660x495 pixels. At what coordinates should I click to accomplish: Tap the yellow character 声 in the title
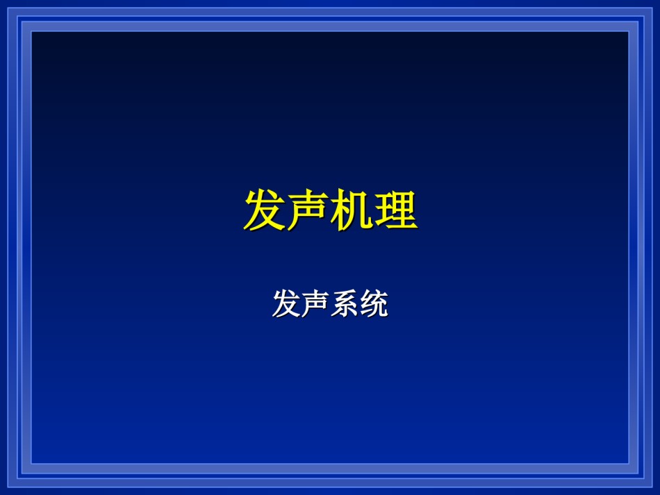[308, 210]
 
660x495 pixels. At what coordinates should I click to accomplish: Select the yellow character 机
[352, 210]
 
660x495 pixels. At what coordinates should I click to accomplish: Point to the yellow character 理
[396, 210]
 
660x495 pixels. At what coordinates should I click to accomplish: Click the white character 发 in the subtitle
[287, 303]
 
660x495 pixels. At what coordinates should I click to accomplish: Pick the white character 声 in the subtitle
[315, 303]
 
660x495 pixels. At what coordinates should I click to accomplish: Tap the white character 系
[345, 303]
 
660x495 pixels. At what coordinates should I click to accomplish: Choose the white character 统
[374, 303]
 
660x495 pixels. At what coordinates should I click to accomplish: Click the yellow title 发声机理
[331, 210]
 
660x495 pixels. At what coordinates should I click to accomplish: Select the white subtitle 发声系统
[331, 303]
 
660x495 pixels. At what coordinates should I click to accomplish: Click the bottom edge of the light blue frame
[330, 469]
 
